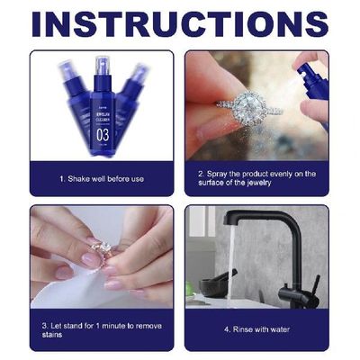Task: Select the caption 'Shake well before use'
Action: click(102, 178)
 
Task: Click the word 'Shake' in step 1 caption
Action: click(76, 178)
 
